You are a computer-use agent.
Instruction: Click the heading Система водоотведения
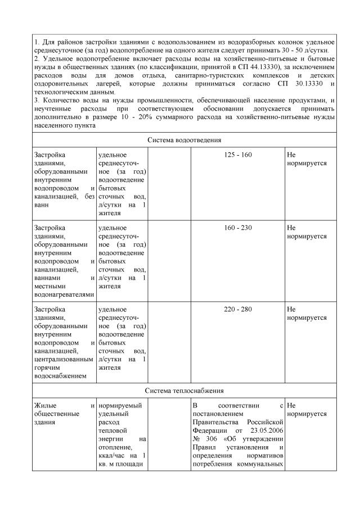click(184, 139)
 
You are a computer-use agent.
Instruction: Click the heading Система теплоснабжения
click(184, 390)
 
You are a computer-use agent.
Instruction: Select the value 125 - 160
click(237, 155)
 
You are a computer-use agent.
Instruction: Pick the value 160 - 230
click(237, 228)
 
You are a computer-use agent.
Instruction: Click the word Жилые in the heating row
click(44, 405)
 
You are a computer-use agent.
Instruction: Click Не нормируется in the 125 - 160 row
click(307, 158)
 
